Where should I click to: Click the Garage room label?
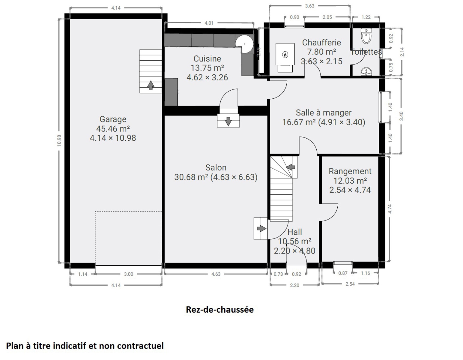point(113,119)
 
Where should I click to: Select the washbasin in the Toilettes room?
point(366,71)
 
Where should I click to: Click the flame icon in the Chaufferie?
point(285,55)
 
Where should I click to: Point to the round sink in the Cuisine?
point(244,44)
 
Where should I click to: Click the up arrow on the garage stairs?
point(151,85)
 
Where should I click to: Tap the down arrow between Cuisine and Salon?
point(228,121)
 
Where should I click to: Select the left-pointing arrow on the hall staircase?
point(291,167)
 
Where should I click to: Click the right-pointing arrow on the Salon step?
point(262,229)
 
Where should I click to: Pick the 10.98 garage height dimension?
point(59,141)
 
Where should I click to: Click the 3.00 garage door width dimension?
point(128,274)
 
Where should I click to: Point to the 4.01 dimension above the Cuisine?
point(209,23)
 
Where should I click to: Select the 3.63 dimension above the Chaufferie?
point(309,6)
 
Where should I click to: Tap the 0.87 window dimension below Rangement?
point(343,273)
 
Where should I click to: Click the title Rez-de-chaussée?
point(220,310)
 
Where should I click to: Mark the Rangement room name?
point(350,171)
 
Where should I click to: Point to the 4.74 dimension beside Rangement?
point(390,209)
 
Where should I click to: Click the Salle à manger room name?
point(324,113)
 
